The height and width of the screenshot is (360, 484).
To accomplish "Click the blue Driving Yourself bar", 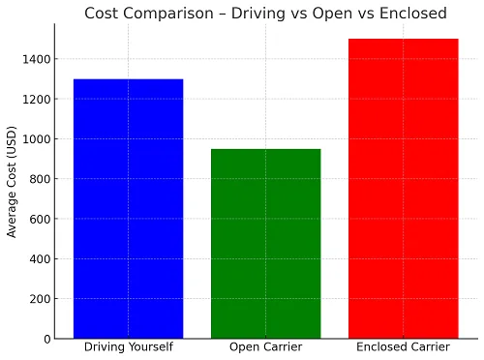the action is coord(129,209).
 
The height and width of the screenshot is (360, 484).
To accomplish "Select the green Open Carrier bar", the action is coord(266,244).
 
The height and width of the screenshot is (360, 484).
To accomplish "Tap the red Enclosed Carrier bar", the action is coord(404,189).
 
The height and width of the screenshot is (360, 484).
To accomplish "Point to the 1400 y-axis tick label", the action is coord(37,59).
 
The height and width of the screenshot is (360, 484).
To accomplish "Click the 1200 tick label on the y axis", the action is coord(37,100).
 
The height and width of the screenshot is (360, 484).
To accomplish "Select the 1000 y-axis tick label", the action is coord(37,139).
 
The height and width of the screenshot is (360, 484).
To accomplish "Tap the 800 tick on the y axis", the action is coord(40,179).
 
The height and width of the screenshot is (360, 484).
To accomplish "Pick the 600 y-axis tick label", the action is coord(40,219).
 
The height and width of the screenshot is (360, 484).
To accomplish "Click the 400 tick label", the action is coord(40,259).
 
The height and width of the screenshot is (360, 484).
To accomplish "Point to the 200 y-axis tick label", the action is coord(40,299).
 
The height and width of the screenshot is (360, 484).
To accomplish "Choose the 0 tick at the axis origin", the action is coord(47,339).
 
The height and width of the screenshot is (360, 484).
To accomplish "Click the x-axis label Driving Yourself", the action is coord(129,347).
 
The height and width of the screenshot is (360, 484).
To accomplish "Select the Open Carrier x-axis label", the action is coord(266,347).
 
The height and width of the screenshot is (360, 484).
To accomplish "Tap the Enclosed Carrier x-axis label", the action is coord(403,347).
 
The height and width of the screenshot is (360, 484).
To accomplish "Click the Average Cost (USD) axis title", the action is coord(12,182).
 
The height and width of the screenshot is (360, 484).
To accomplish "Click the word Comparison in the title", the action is coord(168,15).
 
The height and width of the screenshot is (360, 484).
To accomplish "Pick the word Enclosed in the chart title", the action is coord(413,14).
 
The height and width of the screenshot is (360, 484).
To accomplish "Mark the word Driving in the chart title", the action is coord(258,15).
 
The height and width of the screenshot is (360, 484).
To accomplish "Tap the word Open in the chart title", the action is coord(333,15).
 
